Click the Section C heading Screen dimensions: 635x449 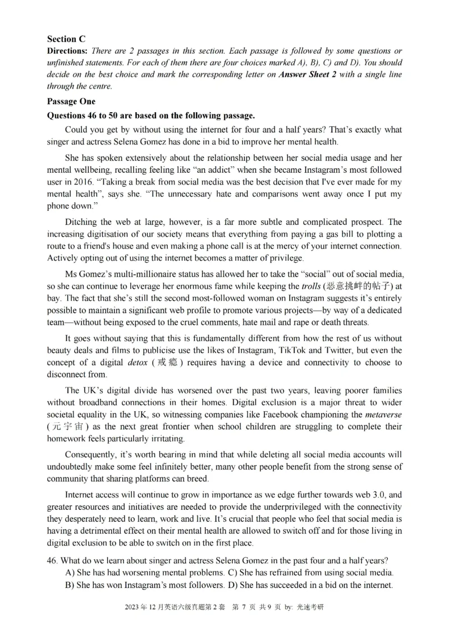pyautogui.click(x=66, y=39)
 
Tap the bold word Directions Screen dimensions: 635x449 pyautogui.click(x=67, y=51)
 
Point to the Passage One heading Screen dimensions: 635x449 pyautogui.click(x=71, y=102)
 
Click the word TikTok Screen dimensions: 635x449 pyautogui.click(x=253, y=350)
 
